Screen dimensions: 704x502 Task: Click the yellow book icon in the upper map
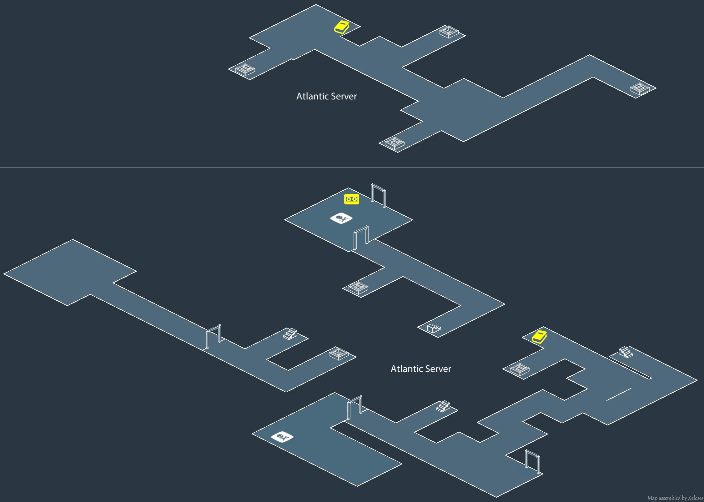[x=342, y=27]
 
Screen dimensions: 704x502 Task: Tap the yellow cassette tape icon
[x=351, y=199]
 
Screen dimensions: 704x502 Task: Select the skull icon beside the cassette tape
[x=341, y=218]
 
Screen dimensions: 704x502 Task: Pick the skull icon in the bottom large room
[x=282, y=437]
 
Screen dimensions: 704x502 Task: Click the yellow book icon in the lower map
[x=539, y=337]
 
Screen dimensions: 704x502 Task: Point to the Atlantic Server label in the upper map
[x=326, y=96]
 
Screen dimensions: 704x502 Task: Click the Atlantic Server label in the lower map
[x=421, y=369]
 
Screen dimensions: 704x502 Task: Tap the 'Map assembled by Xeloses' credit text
[x=675, y=498]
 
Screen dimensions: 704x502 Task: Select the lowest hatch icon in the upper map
[x=395, y=143]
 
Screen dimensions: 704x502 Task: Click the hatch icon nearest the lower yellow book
[x=520, y=369]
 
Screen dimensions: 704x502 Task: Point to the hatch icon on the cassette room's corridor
[x=358, y=288]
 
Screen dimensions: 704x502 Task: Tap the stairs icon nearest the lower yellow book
[x=626, y=352]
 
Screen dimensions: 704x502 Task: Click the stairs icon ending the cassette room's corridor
[x=434, y=329]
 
